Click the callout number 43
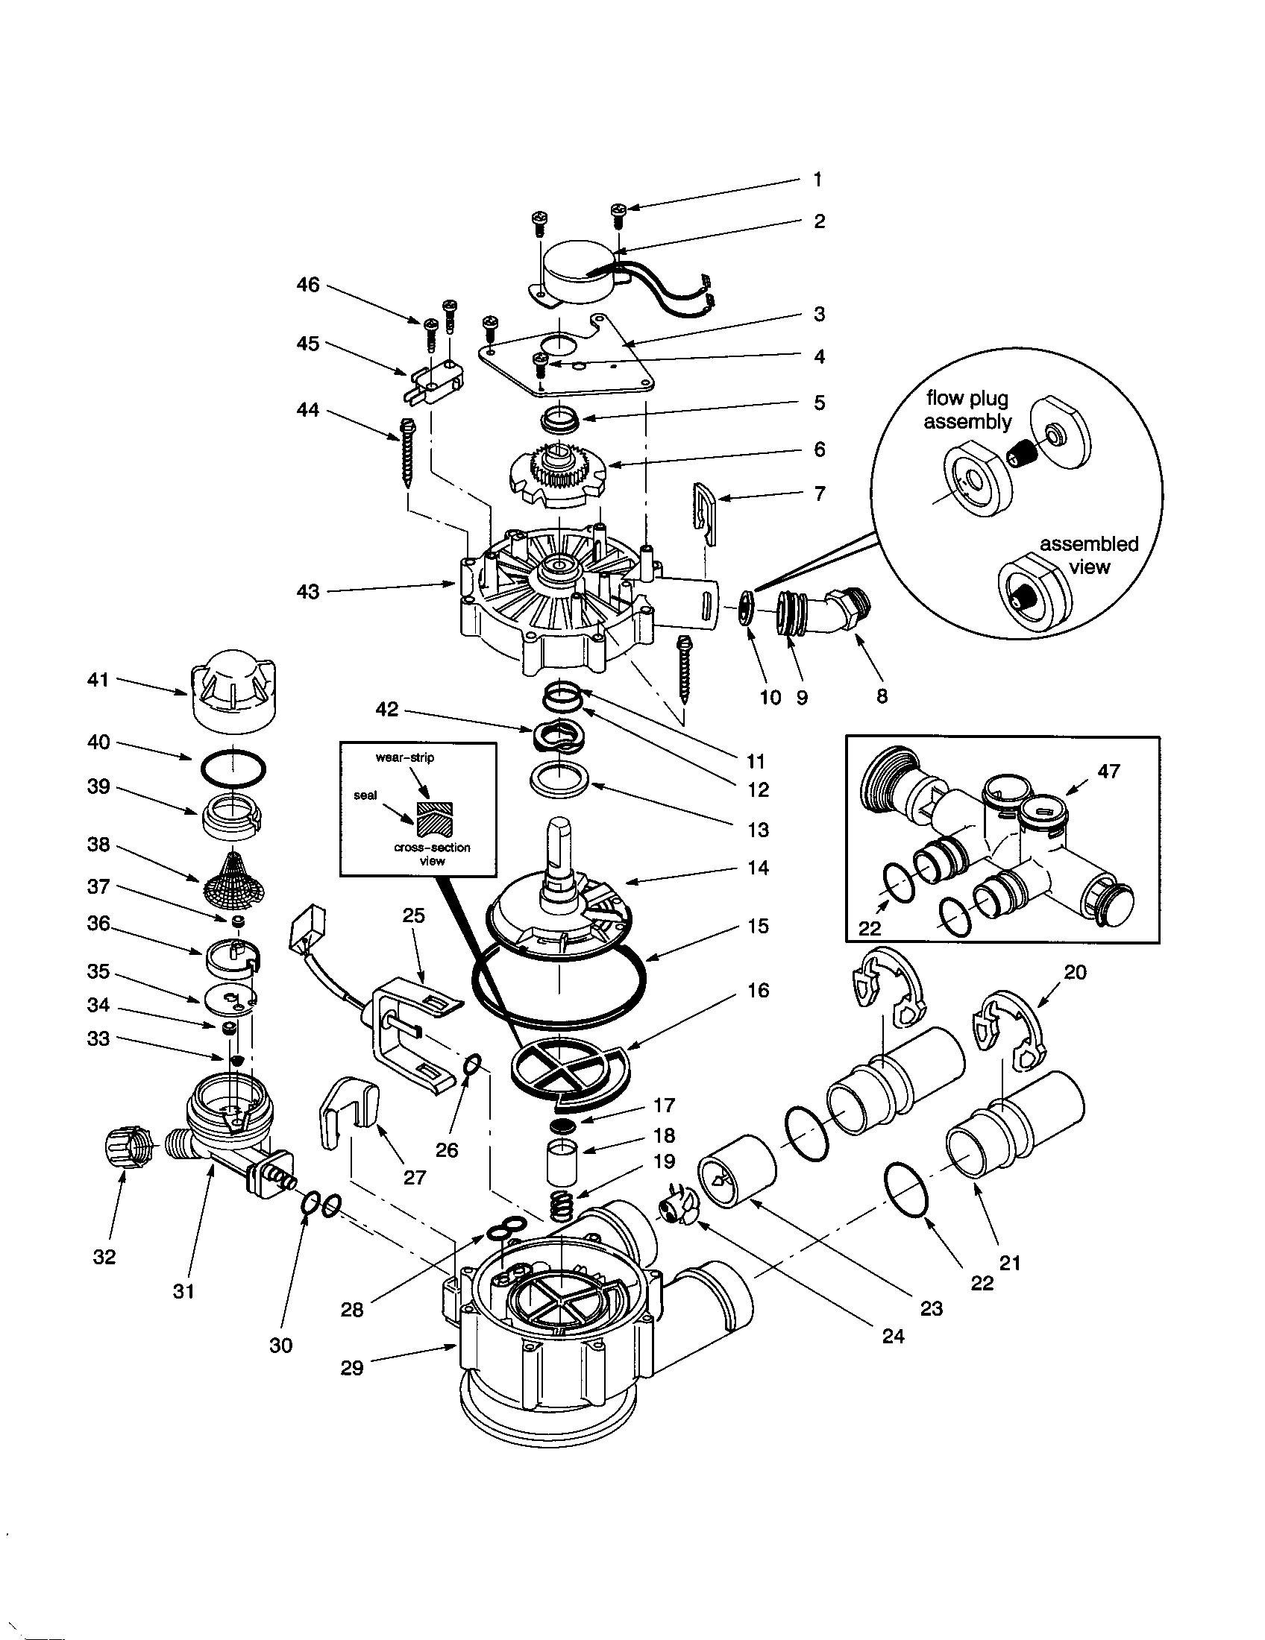308,592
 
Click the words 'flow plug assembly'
967,410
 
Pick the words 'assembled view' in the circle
1089,555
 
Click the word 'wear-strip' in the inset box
405,757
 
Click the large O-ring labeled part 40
233,769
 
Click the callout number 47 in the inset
1109,772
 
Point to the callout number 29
351,1367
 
